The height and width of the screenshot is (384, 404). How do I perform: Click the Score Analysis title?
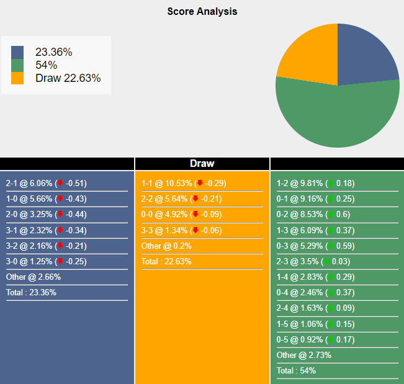(x=202, y=11)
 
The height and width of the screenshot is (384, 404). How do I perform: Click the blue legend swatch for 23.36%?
(x=17, y=52)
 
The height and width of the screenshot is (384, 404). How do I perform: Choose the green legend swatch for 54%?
(x=17, y=65)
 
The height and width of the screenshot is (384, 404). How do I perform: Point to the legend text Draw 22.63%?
(x=68, y=78)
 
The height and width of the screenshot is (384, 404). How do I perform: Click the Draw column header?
(x=202, y=164)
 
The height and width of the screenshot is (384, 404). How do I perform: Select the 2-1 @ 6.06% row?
(x=47, y=184)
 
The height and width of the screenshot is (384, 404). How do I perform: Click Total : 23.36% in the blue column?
(x=31, y=293)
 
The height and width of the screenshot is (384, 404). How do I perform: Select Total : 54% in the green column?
(x=296, y=371)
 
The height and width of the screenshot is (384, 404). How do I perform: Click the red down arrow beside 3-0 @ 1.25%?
(x=60, y=262)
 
